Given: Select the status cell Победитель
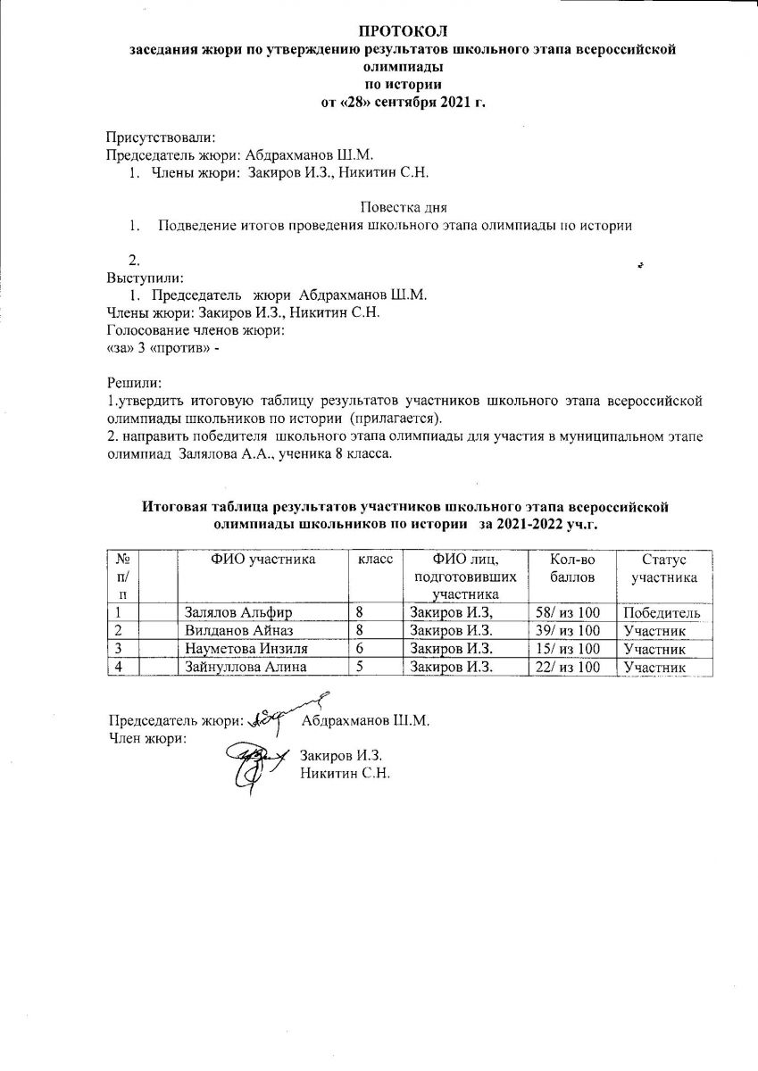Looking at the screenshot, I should (x=662, y=613).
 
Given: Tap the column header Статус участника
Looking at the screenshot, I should (x=662, y=568).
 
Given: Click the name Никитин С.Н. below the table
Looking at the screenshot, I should (x=346, y=773).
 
